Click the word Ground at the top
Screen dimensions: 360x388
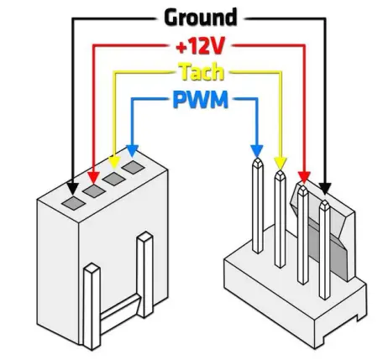(x=200, y=17)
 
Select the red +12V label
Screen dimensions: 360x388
(x=200, y=44)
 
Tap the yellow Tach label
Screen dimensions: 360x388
(x=200, y=72)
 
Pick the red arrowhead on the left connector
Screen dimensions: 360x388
(x=92, y=175)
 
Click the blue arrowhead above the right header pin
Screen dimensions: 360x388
(x=257, y=150)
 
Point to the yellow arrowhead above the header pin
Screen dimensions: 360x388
(x=280, y=163)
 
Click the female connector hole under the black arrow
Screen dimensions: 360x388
(x=72, y=202)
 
